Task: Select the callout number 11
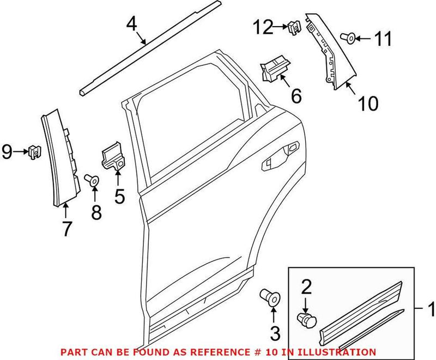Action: point(383,39)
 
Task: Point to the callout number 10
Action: point(368,102)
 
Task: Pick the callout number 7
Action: point(66,229)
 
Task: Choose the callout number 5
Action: point(119,194)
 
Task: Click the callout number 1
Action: point(431,309)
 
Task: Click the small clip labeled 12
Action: point(294,26)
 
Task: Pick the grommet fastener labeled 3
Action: point(270,297)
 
